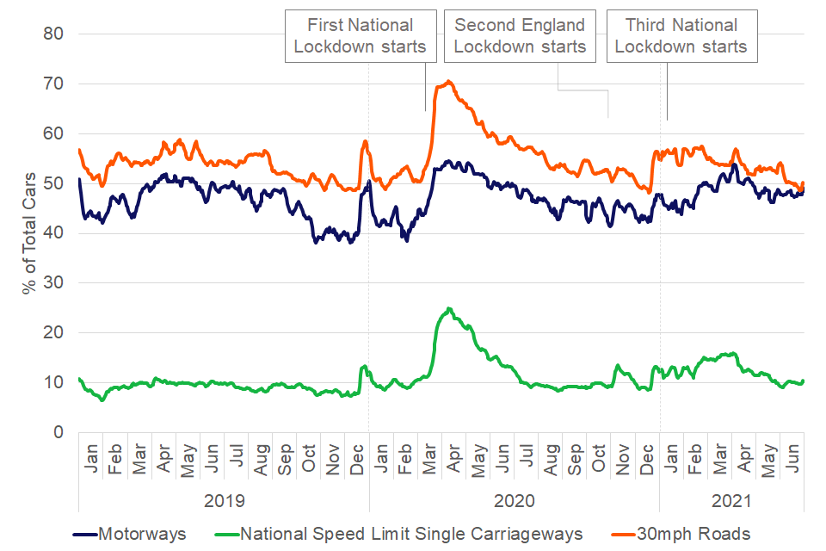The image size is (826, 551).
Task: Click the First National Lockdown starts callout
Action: [x=360, y=36]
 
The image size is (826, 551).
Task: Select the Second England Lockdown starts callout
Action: [x=520, y=36]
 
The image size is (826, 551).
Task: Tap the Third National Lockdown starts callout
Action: [x=681, y=36]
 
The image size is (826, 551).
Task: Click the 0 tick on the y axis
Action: [x=59, y=432]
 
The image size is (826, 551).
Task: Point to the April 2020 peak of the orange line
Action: [x=448, y=82]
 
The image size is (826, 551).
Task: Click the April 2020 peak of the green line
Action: [x=448, y=308]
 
